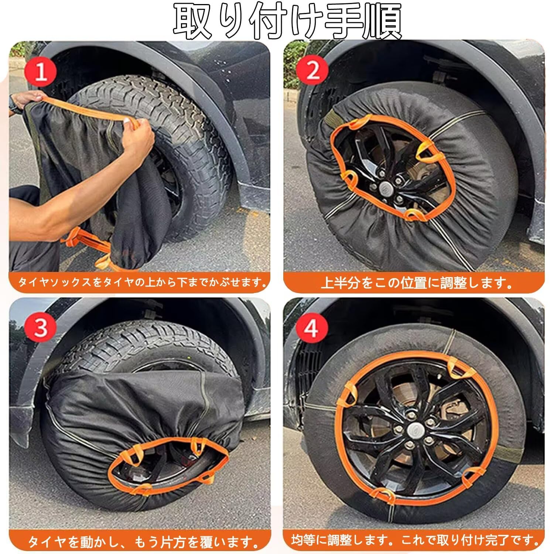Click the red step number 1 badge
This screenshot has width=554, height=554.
(41, 72)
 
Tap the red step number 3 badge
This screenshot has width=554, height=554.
(41, 327)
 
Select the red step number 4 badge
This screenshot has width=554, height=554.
(311, 327)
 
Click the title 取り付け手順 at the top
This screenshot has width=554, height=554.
(287, 21)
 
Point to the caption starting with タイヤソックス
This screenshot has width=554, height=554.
(143, 283)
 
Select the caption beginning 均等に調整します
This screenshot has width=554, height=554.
(415, 540)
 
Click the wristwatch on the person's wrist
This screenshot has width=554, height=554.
(15, 107)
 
